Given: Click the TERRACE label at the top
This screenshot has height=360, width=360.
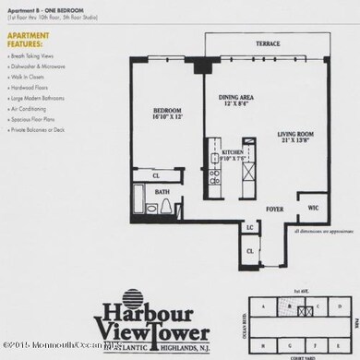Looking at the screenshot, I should click(x=269, y=43).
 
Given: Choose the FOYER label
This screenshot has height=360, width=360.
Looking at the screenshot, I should click(x=272, y=208).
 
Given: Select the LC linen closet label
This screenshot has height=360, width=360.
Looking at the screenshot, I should click(x=249, y=226).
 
